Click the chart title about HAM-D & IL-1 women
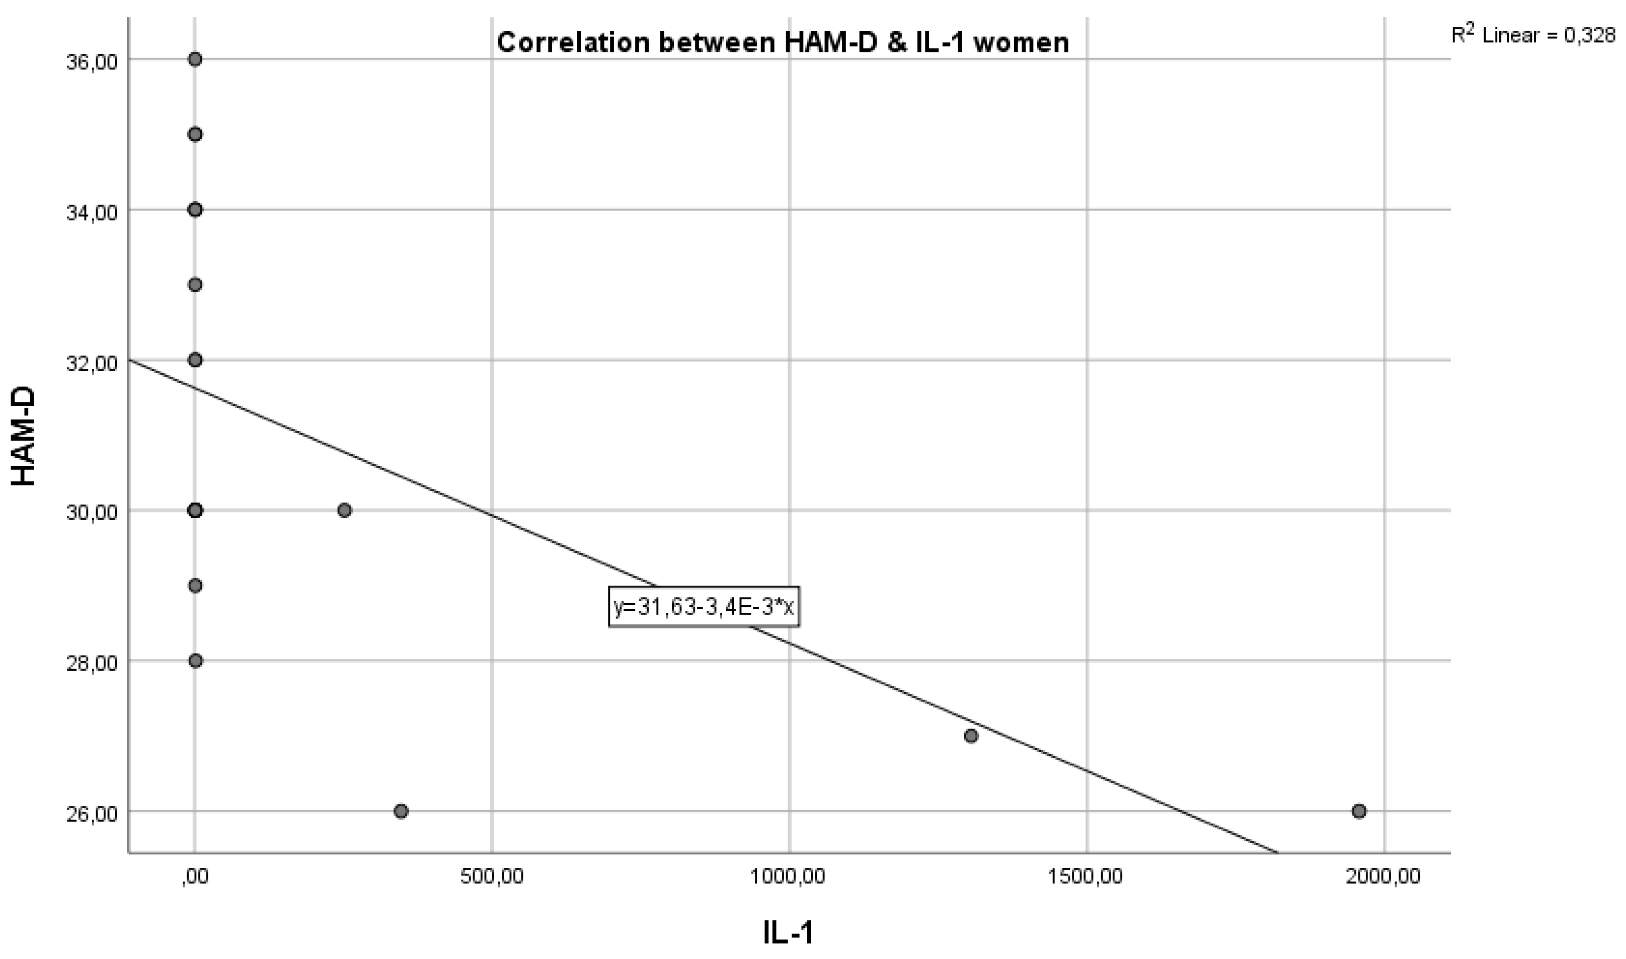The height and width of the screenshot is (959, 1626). click(782, 43)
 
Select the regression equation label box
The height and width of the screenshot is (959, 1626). click(704, 607)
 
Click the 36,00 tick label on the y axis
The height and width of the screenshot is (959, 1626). click(92, 62)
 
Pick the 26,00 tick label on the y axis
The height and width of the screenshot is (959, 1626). click(92, 813)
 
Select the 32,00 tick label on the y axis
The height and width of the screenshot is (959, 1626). click(92, 363)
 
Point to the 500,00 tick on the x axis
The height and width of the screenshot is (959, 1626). click(492, 876)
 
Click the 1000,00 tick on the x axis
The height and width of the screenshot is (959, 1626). click(788, 876)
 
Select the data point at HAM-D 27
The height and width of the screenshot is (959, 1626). click(971, 736)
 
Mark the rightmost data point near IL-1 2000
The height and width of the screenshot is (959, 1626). click(1359, 811)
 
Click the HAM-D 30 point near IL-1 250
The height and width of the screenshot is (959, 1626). click(344, 510)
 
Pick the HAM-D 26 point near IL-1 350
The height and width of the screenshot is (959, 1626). click(401, 811)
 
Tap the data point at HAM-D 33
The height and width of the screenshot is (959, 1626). click(195, 285)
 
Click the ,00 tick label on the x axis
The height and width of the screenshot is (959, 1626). click(195, 876)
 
